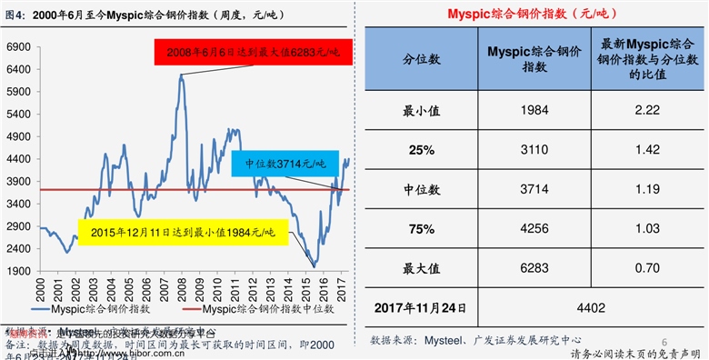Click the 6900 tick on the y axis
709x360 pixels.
[x=18, y=46]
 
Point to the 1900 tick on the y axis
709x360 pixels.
[x=18, y=270]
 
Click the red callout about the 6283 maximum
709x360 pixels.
[x=253, y=53]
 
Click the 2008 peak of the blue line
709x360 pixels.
[x=182, y=77]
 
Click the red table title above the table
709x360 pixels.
[x=533, y=14]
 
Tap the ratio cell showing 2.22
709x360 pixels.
[x=647, y=109]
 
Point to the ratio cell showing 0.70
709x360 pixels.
[x=647, y=269]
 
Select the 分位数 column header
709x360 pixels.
[x=422, y=58]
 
